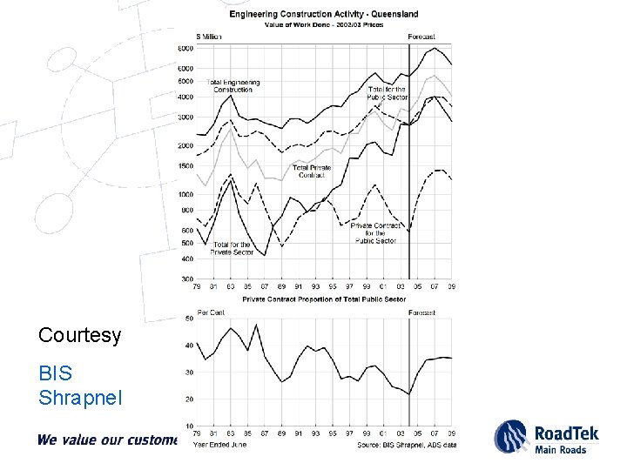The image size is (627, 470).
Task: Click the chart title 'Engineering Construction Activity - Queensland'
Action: pos(323,14)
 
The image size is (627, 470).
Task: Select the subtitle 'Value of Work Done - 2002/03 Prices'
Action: pos(323,23)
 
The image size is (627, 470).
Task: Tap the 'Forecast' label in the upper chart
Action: pos(422,37)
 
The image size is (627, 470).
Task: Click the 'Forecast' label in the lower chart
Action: pos(422,312)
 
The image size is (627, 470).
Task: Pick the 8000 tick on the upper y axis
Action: pos(185,47)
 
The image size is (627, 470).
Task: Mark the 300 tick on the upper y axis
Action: pos(187,279)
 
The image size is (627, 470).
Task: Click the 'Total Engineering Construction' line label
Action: pos(233,86)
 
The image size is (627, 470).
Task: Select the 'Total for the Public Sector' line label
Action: pos(388,93)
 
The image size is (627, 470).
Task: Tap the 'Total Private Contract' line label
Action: pos(313,171)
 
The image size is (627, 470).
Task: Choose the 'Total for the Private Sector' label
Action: pos(232,248)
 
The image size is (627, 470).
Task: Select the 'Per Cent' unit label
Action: pos(212,312)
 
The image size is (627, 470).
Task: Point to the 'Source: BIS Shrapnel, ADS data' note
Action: pos(406,444)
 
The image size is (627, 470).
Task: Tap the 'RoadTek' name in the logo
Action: pos(568,432)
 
